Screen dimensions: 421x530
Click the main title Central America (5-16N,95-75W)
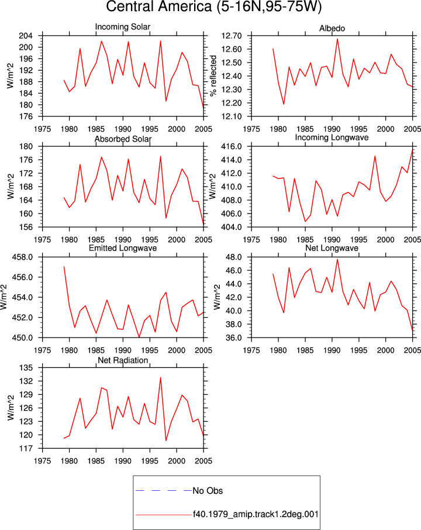[x=213, y=7]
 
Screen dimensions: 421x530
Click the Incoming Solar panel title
[x=123, y=27]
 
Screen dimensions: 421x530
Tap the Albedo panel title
[x=332, y=29]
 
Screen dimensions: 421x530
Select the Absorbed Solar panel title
[x=123, y=139]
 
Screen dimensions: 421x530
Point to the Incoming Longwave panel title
[x=332, y=137]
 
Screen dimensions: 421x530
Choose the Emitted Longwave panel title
[x=123, y=248]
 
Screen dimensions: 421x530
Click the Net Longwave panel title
[x=332, y=248]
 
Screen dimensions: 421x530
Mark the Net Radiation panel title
[x=123, y=360]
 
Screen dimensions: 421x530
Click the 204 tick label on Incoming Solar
[x=26, y=36]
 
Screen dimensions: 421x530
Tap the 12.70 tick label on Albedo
[x=232, y=36]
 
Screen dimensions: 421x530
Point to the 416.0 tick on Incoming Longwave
[x=232, y=147]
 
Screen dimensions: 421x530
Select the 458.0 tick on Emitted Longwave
[x=23, y=257]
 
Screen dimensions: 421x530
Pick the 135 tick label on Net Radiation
[x=26, y=368]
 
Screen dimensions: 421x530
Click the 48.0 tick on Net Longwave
[x=234, y=257]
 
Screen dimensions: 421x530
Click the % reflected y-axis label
[x=213, y=76]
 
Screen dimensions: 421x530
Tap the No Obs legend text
[x=208, y=491]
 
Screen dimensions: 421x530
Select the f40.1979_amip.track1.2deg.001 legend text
[x=256, y=514]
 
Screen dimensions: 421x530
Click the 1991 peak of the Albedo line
[x=337, y=39]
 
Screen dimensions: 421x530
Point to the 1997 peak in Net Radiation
[x=160, y=377]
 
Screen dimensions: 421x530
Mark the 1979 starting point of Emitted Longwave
[x=64, y=267]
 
